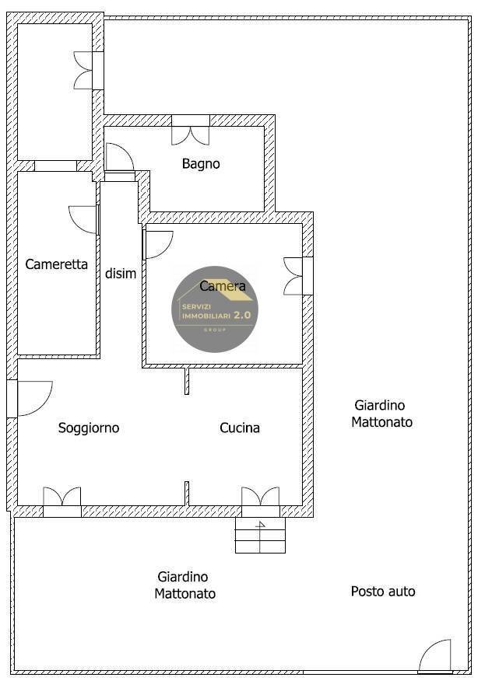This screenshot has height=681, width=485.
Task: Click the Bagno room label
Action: click(201, 164)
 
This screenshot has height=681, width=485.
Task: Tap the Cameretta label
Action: click(56, 264)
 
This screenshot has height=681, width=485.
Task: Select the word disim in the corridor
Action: click(121, 274)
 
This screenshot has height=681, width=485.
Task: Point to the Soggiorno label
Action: click(89, 428)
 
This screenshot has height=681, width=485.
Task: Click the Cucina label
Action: click(240, 428)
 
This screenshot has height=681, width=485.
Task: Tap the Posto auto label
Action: click(383, 592)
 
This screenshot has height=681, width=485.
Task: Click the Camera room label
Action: click(223, 286)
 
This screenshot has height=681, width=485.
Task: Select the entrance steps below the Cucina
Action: click(260, 536)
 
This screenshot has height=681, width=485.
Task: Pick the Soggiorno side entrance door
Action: click(32, 397)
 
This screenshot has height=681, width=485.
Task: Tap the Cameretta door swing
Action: click(84, 219)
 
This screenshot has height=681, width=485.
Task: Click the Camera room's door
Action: click(158, 244)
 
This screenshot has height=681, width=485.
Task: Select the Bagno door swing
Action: click(118, 159)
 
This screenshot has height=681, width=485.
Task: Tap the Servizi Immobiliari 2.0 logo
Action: click(215, 309)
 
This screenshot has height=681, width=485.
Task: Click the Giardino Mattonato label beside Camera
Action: click(381, 414)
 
